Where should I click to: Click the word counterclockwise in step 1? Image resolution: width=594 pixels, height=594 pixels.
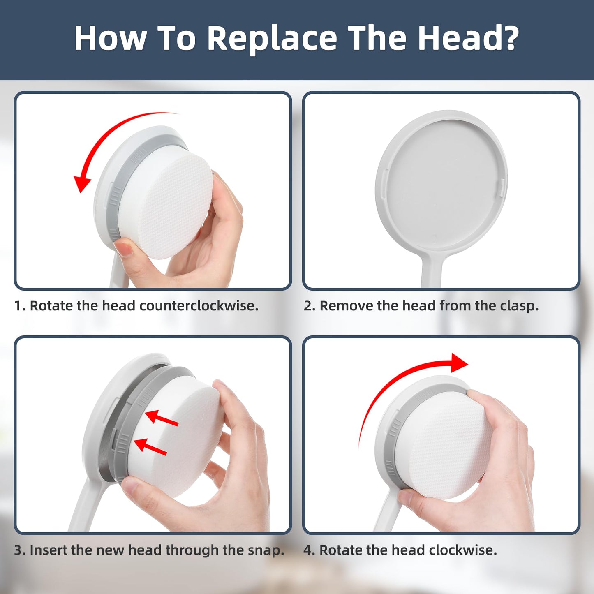coord(199,306)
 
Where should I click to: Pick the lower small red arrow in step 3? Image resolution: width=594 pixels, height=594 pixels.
coord(150,447)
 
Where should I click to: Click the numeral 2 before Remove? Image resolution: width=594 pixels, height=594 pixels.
coord(307,306)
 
